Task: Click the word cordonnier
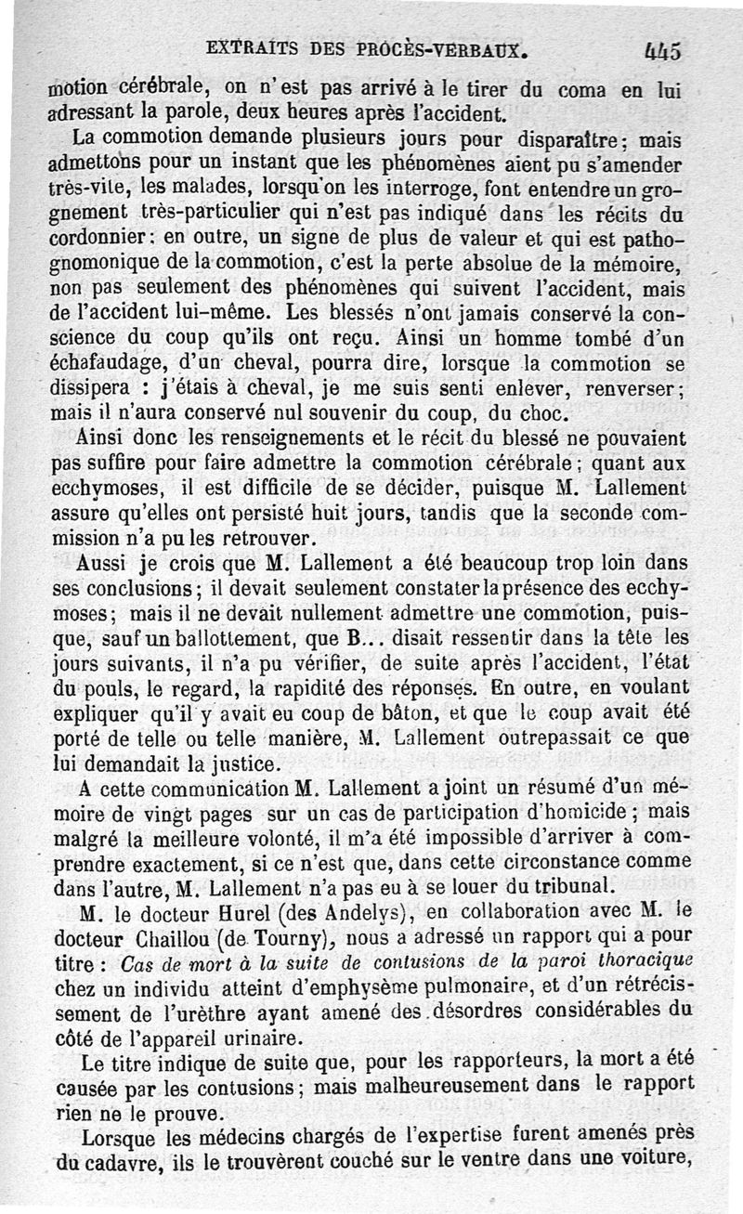pos(97,237)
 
